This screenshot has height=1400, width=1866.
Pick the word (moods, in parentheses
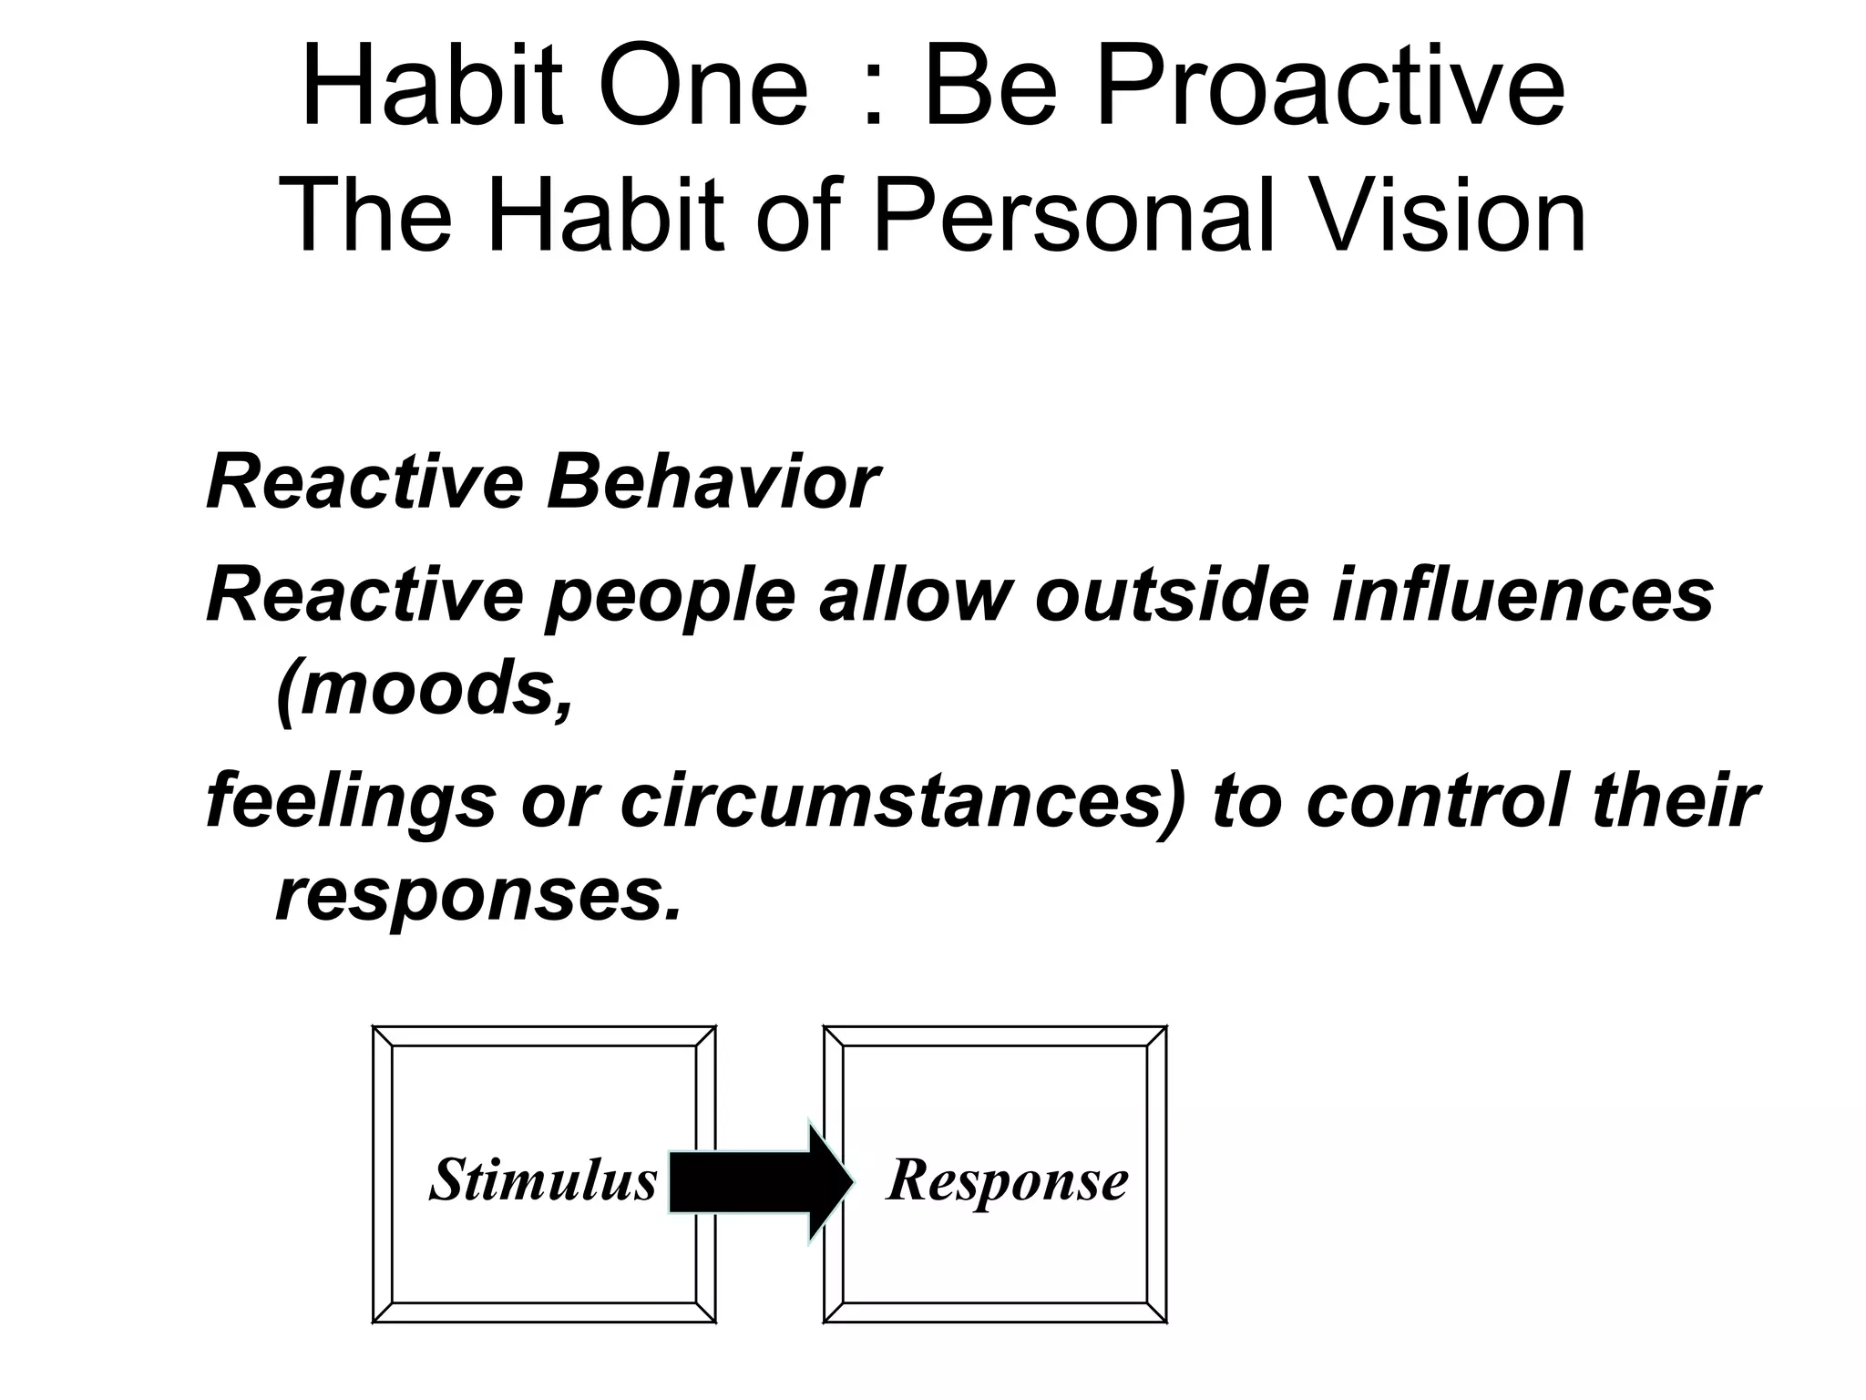(x=425, y=691)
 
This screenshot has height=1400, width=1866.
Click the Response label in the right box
(x=1007, y=1181)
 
